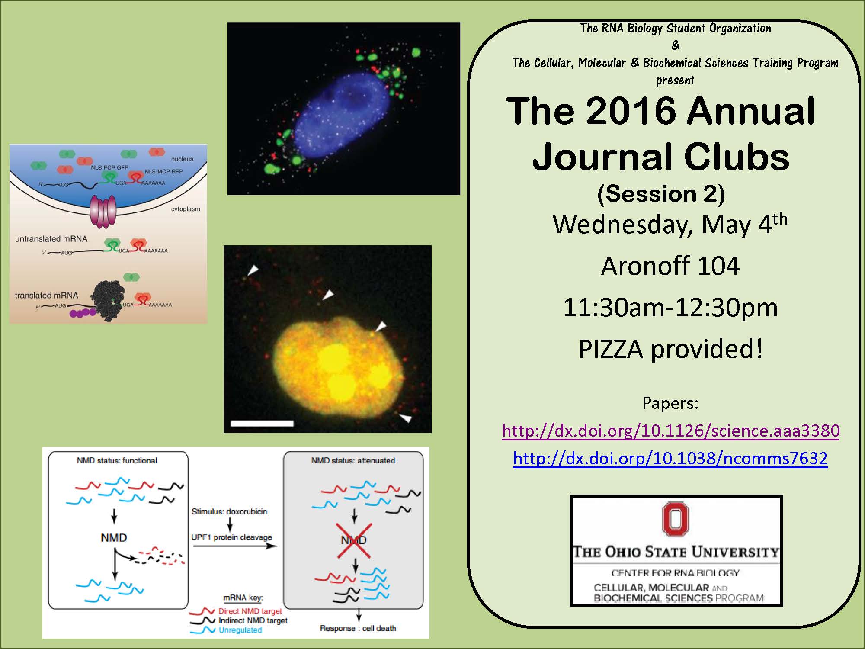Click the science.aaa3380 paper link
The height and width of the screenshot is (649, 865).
point(670,431)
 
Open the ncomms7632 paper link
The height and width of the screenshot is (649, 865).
point(670,459)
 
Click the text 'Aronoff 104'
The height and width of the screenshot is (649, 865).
point(670,266)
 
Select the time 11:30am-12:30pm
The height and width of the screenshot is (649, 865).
point(670,308)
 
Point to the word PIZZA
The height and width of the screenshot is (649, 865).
point(611,350)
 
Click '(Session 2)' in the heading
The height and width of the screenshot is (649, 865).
point(661,194)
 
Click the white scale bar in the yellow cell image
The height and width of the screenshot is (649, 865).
point(262,424)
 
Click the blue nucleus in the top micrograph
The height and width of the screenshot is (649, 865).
point(342,115)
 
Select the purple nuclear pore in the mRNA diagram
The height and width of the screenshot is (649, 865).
point(103,211)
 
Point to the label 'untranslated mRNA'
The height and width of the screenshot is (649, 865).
point(51,239)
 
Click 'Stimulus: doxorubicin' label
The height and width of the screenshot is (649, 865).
point(229,511)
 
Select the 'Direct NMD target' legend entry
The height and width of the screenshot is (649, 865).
point(250,611)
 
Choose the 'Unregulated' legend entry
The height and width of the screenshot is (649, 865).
point(240,630)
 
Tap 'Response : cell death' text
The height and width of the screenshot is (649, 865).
point(358,628)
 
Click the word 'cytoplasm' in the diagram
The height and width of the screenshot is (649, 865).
point(186,209)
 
